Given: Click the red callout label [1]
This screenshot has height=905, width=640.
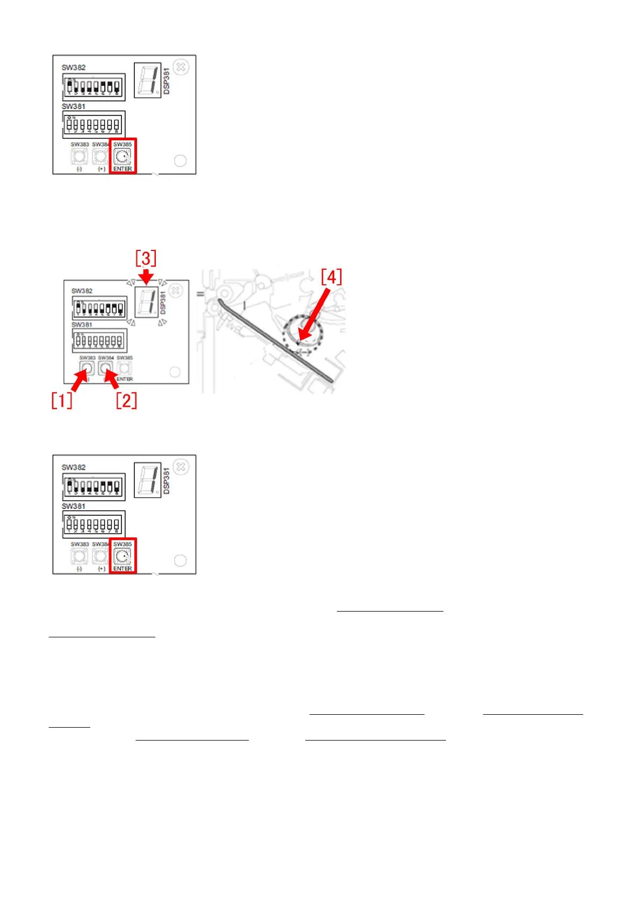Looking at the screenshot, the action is pyautogui.click(x=61, y=400).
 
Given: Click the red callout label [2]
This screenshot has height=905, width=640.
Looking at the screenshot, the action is pyautogui.click(x=126, y=400).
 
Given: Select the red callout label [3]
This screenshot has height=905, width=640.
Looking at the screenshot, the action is pyautogui.click(x=146, y=258).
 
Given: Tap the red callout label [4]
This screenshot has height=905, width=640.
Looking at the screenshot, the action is pyautogui.click(x=331, y=277).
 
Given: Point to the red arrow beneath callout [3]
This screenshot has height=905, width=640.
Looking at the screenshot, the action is pyautogui.click(x=146, y=276).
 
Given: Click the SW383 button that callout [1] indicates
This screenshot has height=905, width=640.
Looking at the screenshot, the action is pyautogui.click(x=87, y=368).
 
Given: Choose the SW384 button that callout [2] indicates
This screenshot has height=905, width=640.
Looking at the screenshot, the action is pyautogui.click(x=105, y=368).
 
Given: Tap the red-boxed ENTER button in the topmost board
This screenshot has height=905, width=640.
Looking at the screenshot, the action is pyautogui.click(x=123, y=157).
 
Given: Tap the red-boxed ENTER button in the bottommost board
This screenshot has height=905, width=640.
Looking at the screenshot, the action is pyautogui.click(x=123, y=557).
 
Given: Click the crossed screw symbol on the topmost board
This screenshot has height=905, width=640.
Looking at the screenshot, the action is pyautogui.click(x=181, y=67).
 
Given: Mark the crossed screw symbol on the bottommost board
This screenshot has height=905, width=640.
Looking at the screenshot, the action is pyautogui.click(x=181, y=467).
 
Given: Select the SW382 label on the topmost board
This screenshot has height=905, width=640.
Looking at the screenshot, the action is pyautogui.click(x=74, y=68).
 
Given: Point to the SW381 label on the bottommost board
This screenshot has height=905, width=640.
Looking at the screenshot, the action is pyautogui.click(x=74, y=506).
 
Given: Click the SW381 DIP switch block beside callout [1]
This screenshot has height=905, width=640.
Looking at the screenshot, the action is pyautogui.click(x=99, y=341).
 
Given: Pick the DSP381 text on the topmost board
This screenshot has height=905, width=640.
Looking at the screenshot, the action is pyautogui.click(x=167, y=81).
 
